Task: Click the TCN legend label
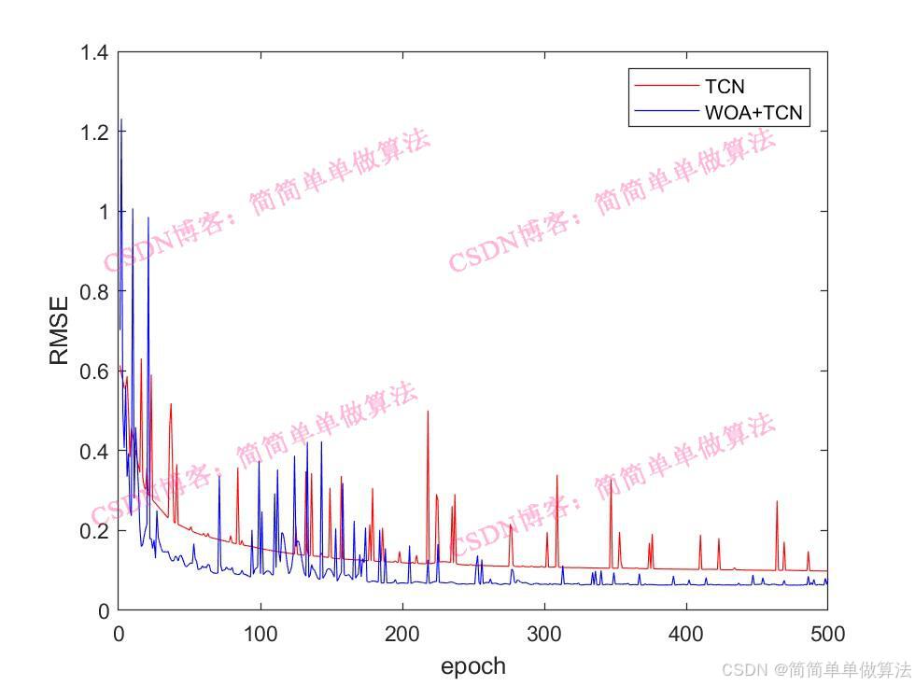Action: (725, 87)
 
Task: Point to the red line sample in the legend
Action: (666, 87)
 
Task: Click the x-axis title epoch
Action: (472, 665)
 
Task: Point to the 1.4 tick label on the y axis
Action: (93, 53)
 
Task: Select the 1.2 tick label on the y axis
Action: (93, 133)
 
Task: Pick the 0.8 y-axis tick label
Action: (93, 292)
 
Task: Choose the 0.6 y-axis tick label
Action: (93, 371)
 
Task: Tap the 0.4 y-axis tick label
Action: (93, 451)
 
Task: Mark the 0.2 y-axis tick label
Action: (93, 531)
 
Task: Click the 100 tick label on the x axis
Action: (260, 635)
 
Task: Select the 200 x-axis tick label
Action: (401, 635)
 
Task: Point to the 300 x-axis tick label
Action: (543, 635)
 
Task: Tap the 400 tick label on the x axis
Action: (685, 635)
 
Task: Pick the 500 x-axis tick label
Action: (825, 635)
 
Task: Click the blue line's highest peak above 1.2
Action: (120, 119)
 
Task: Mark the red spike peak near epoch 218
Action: (428, 412)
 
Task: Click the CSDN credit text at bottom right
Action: (816, 669)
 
